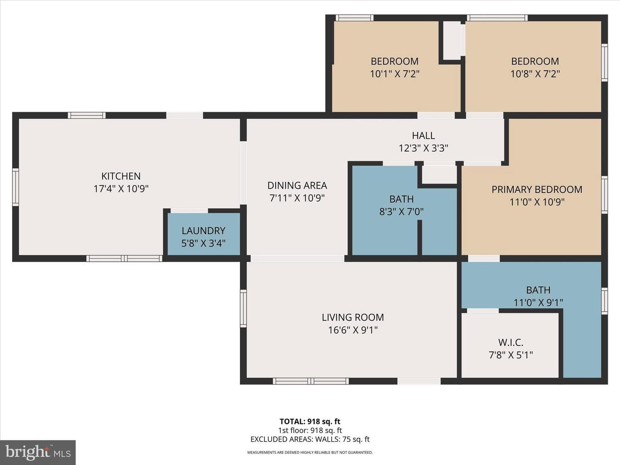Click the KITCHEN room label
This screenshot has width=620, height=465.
[121, 176]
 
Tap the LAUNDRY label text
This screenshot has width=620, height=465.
[203, 231]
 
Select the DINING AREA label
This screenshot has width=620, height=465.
[297, 186]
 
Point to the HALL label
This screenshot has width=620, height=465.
[423, 136]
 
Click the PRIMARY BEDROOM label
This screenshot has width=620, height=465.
[537, 189]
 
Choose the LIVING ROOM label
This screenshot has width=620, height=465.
[353, 317]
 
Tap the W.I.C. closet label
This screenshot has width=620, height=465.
[511, 342]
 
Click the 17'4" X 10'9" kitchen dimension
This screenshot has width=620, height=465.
[121, 188]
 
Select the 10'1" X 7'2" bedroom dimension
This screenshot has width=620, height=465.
[394, 74]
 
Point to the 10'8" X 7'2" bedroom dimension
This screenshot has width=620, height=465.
[535, 74]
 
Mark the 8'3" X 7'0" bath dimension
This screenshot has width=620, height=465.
[401, 211]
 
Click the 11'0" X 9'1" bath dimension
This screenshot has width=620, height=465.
[538, 302]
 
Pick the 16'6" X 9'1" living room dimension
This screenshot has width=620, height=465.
[353, 330]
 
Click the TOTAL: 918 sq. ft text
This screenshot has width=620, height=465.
[310, 422]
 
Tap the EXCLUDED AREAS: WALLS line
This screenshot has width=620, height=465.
[310, 439]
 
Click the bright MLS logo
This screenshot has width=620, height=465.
[37, 452]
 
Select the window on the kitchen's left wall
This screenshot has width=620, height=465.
[15, 187]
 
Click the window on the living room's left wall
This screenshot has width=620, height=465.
[243, 309]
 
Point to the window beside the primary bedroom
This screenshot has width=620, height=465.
[604, 195]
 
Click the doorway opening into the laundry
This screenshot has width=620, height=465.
[189, 211]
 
